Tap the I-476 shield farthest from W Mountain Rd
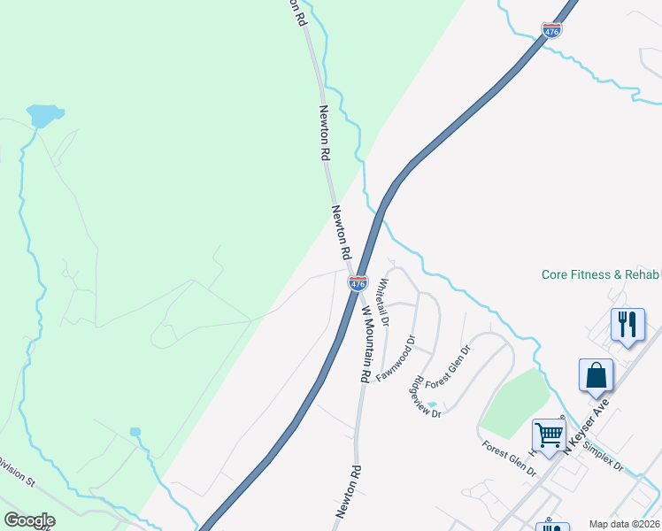[x=551, y=31]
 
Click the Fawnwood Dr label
[x=396, y=358]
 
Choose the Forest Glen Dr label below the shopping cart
[x=509, y=459]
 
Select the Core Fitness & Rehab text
[x=601, y=275]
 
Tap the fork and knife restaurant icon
[x=628, y=324]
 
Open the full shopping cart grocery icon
[x=549, y=435]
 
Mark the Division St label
[x=16, y=472]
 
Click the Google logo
[x=29, y=520]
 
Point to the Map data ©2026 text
[x=625, y=524]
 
